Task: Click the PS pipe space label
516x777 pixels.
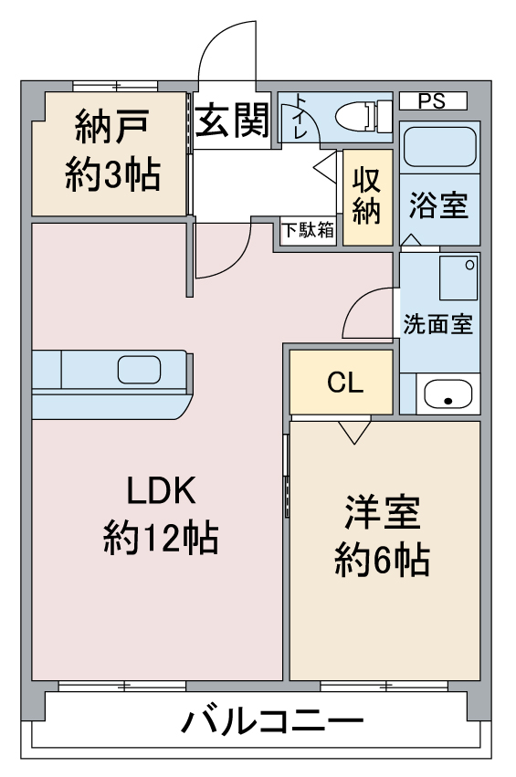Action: point(432,101)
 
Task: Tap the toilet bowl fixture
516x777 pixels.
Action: point(363,117)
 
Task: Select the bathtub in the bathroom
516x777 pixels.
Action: point(439,147)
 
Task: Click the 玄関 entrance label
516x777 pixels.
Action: point(232,120)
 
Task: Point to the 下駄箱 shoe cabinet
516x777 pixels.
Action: point(308,230)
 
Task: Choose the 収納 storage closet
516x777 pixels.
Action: point(367,196)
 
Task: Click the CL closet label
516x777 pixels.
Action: point(345,382)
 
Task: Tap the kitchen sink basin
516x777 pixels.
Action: point(140,370)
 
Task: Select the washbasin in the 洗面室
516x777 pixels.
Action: point(448,394)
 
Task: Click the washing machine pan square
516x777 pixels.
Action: point(458,278)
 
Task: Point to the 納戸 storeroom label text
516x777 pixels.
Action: point(112,127)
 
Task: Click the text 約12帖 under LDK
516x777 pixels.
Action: point(161,538)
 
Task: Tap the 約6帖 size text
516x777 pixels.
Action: point(382,560)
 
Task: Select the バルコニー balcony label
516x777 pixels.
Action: point(272,723)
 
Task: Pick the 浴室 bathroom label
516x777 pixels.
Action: point(438,205)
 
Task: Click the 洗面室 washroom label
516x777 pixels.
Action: point(437,324)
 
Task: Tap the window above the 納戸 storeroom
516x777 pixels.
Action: point(115,87)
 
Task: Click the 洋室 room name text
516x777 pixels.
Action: point(382,512)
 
